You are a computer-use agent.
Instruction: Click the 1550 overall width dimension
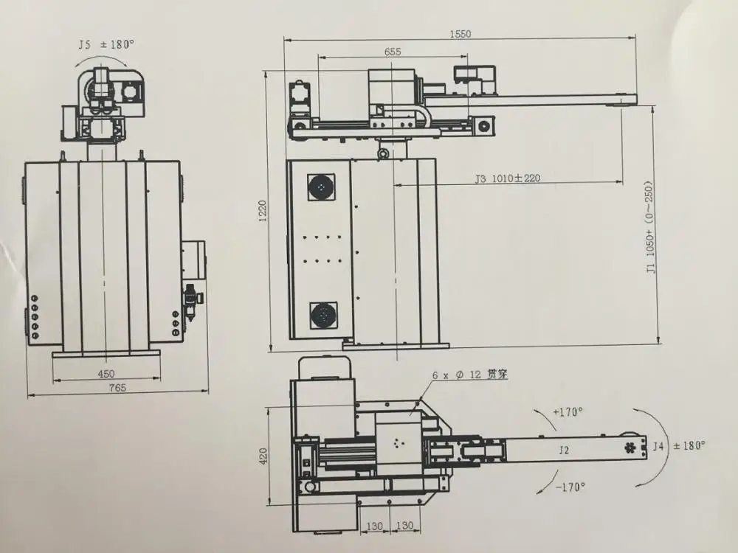pos(460,34)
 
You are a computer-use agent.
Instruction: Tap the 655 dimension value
pos(393,52)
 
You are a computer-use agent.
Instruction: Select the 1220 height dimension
pos(263,210)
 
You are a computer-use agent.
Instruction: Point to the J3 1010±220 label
pos(508,178)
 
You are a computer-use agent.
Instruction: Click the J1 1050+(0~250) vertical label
pos(650,227)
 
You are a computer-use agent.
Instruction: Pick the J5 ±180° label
pos(106,45)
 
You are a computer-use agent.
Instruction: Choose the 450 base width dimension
pos(106,373)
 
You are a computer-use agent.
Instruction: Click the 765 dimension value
pos(117,388)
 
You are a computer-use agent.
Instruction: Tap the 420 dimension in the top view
pos(263,456)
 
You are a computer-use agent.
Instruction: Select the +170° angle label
pos(568,412)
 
